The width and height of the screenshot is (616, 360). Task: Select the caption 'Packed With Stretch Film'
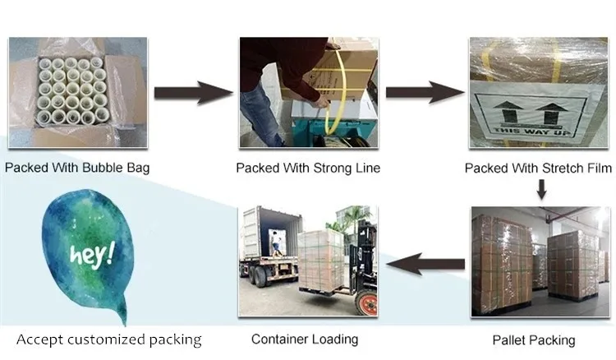(539, 168)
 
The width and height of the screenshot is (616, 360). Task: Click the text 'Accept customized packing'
(109, 339)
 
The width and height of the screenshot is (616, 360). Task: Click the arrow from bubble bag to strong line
(193, 90)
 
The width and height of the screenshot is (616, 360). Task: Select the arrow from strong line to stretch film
(424, 90)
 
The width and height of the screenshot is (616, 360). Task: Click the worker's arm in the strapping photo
(271, 70)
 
